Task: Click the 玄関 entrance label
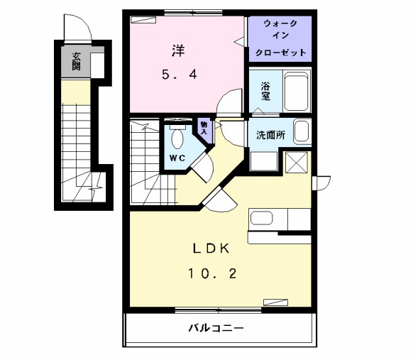(76, 62)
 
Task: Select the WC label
(177, 157)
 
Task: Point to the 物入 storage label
(204, 129)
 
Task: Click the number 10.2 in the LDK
(211, 273)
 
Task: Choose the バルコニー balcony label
(216, 329)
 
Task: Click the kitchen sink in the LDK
(260, 218)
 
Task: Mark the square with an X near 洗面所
(296, 163)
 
